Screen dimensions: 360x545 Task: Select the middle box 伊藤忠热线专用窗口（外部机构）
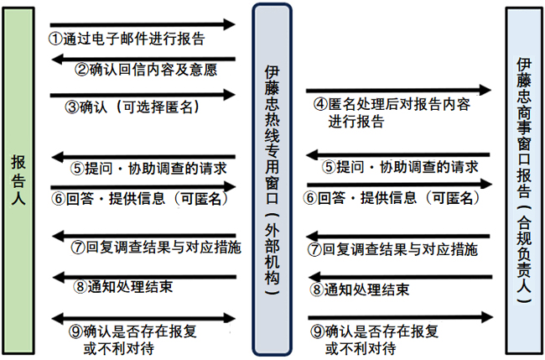[272, 180]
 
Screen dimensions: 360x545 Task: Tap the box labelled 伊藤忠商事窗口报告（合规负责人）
[524, 180]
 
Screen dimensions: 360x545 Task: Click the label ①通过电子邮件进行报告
[127, 39]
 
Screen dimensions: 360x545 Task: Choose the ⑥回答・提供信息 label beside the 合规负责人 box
[391, 198]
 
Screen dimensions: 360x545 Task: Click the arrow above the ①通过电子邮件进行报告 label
[143, 23]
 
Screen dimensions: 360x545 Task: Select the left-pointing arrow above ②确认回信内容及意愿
[143, 58]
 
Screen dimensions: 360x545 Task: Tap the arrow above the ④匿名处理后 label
[397, 88]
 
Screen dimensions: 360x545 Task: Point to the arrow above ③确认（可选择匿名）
[143, 93]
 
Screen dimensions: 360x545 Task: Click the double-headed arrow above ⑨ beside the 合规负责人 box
[397, 316]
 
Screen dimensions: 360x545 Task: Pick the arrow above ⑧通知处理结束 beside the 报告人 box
[143, 275]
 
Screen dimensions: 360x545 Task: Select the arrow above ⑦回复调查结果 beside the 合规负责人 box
[397, 236]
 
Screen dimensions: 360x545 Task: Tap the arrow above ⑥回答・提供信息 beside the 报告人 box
[143, 185]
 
